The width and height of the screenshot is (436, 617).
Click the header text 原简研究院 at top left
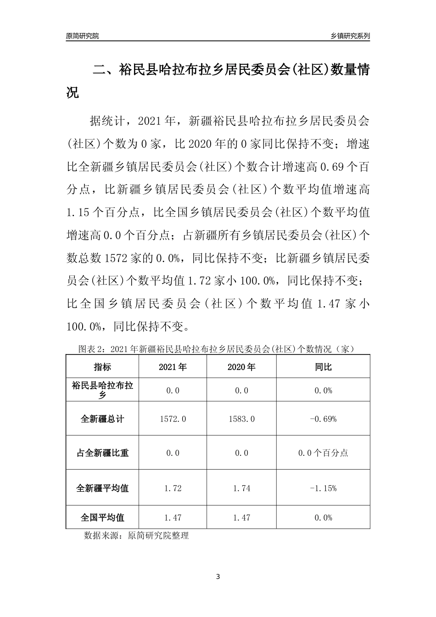click(x=82, y=35)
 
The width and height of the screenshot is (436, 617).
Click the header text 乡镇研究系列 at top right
click(x=350, y=35)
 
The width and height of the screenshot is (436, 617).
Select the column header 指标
click(x=102, y=367)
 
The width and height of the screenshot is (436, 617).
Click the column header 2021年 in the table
click(x=173, y=367)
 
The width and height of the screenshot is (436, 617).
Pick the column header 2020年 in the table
click(x=241, y=367)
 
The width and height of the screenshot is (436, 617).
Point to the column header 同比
click(x=323, y=367)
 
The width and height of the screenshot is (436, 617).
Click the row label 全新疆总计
click(x=102, y=419)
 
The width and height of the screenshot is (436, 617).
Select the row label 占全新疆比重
click(x=102, y=453)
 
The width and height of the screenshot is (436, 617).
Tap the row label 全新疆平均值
click(x=102, y=488)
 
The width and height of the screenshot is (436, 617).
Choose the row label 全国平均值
click(x=102, y=517)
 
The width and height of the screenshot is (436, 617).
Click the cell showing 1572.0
click(x=173, y=419)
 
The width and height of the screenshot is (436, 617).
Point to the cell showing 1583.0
click(x=241, y=419)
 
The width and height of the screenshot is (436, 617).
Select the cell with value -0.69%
click(x=323, y=419)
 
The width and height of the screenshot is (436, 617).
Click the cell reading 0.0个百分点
click(x=323, y=453)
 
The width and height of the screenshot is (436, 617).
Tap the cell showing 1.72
click(x=173, y=488)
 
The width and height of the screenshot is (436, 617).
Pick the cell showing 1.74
click(x=241, y=488)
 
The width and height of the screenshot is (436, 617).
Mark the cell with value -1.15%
click(x=323, y=488)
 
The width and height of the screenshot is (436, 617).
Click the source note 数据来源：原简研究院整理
click(x=136, y=535)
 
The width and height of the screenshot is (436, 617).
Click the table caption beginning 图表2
click(x=218, y=349)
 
